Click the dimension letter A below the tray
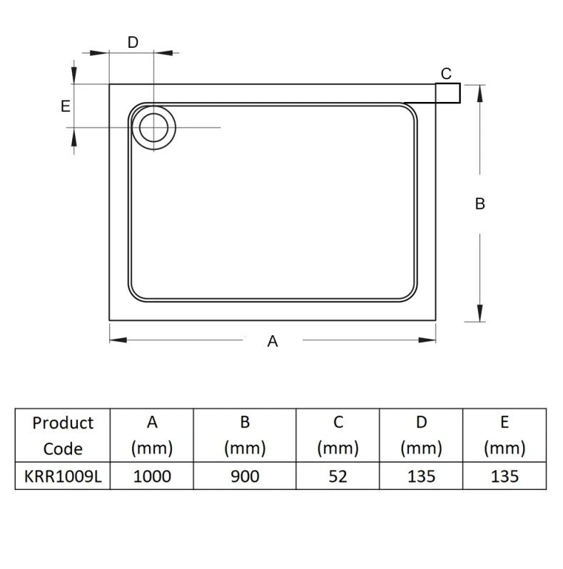pos(272,342)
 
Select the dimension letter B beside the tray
pos(480,204)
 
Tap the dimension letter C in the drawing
pos(446,73)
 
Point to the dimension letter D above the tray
pos(133,42)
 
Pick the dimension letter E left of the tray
pos(65,106)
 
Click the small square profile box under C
pos(448,94)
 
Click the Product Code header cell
pos(63,436)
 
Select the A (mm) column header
pos(152,436)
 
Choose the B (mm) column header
pos(245,436)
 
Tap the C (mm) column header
pos(338,436)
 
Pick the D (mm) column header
pos(421,436)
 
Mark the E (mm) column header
pos(504,436)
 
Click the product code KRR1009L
pos(63,476)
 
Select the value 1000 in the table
pos(152,476)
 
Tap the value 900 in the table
pos(245,476)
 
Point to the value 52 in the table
pos(338,476)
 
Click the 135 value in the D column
pos(421,476)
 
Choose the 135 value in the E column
pos(504,476)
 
